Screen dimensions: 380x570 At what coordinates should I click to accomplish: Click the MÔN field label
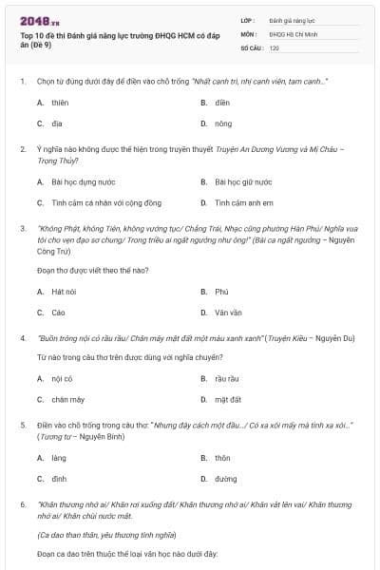248,33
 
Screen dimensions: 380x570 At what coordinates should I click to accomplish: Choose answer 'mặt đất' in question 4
228,400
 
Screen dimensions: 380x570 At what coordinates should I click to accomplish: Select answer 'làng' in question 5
59,458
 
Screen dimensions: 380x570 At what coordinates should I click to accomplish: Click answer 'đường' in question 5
226,480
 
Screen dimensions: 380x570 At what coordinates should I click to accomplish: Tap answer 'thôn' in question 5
223,458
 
